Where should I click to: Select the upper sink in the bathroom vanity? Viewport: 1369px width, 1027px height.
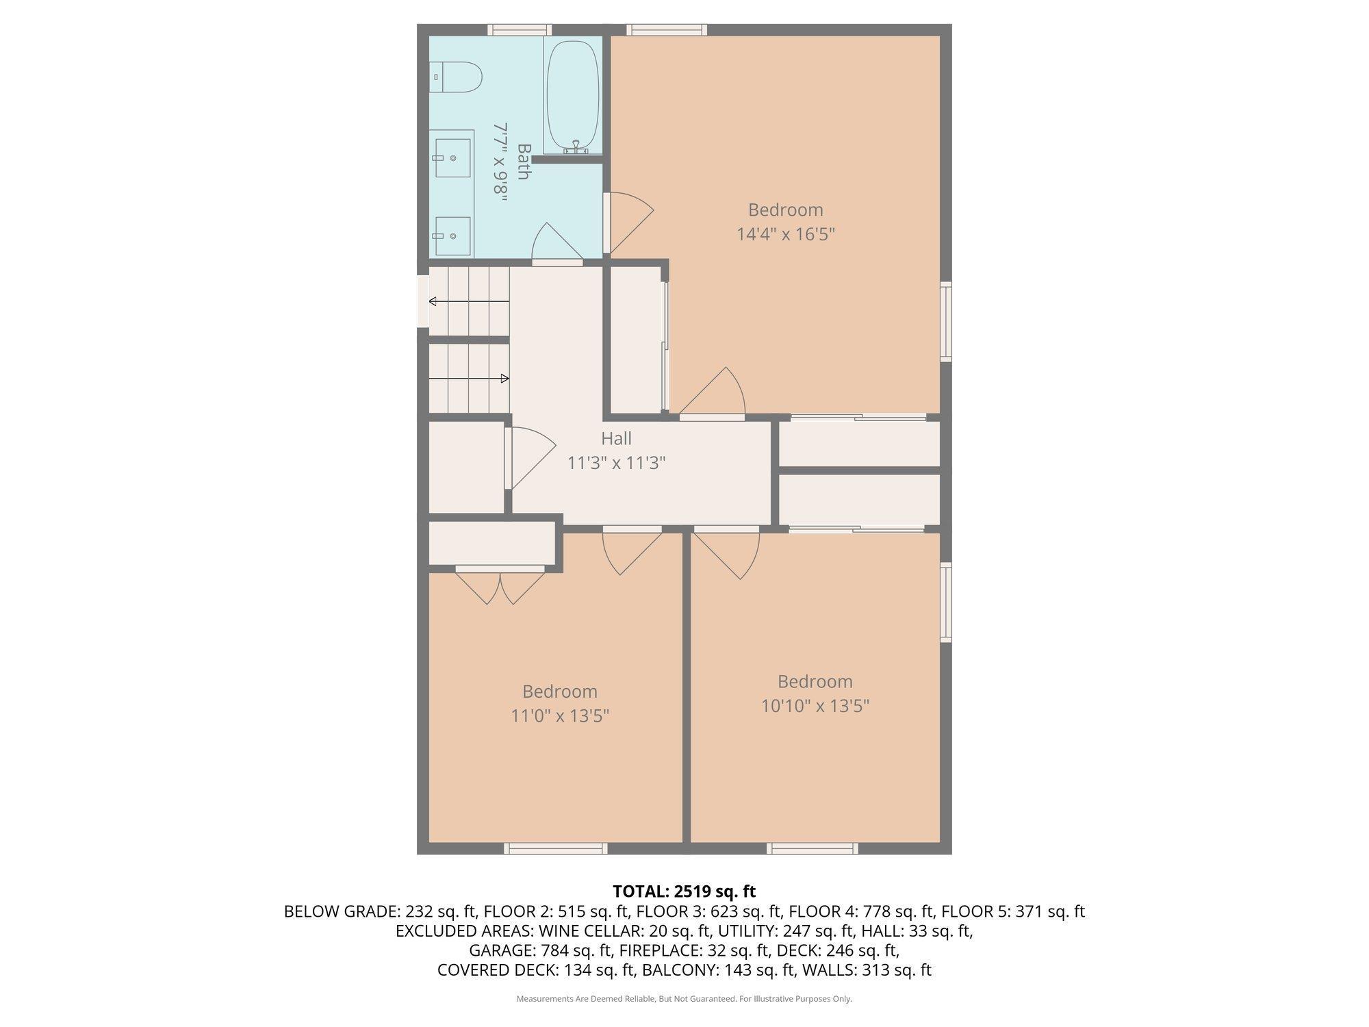453,157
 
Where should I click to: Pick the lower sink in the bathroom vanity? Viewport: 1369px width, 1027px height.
453,236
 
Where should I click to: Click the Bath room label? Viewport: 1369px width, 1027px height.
524,162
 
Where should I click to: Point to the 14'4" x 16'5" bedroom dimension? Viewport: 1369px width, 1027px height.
786,234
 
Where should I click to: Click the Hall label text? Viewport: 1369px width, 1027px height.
616,438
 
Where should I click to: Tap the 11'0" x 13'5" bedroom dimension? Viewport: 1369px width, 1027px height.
560,715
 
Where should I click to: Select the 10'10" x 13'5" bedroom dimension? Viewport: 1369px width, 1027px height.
815,705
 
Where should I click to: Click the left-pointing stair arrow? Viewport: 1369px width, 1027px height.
469,301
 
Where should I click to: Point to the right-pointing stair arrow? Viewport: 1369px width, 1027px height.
469,379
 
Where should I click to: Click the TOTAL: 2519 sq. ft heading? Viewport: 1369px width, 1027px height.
684,891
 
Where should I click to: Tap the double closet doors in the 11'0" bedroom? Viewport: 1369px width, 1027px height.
500,585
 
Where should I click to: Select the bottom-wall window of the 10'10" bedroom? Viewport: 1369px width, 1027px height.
813,849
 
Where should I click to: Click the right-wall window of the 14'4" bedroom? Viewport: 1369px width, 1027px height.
946,321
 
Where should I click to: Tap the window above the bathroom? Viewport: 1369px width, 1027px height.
520,29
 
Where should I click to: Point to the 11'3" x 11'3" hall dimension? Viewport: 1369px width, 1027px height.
616,464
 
